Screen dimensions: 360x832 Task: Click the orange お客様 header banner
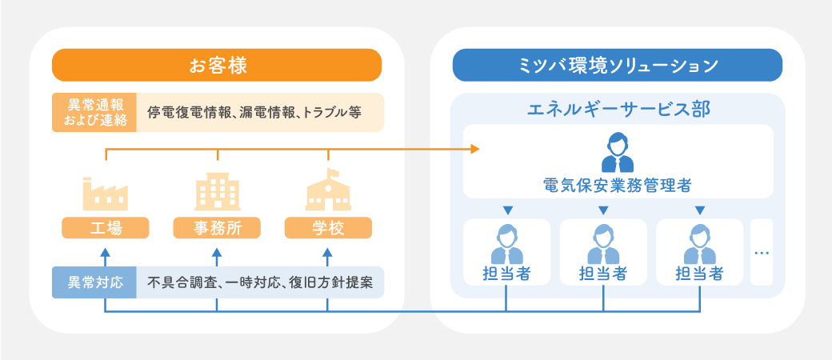point(217,65)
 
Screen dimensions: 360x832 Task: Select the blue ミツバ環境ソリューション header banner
point(617,65)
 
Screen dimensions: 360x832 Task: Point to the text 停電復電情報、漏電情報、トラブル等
point(254,113)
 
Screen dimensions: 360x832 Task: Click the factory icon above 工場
point(105,193)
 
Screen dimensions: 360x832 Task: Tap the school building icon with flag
point(328,190)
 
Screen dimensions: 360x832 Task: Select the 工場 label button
point(106,228)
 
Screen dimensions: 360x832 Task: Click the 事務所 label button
point(217,228)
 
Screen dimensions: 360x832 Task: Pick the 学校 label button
point(328,228)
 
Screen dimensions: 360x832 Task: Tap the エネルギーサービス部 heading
point(618,108)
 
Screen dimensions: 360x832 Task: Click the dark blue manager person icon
point(617,153)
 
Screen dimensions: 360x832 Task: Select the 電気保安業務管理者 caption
point(617,185)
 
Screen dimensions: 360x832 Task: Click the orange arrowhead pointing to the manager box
point(475,149)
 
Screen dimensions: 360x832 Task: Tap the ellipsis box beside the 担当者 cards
point(762,252)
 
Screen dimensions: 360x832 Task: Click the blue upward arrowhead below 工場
point(105,253)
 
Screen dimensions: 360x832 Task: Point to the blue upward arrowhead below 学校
point(327,253)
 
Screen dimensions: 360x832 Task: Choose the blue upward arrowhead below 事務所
point(217,253)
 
